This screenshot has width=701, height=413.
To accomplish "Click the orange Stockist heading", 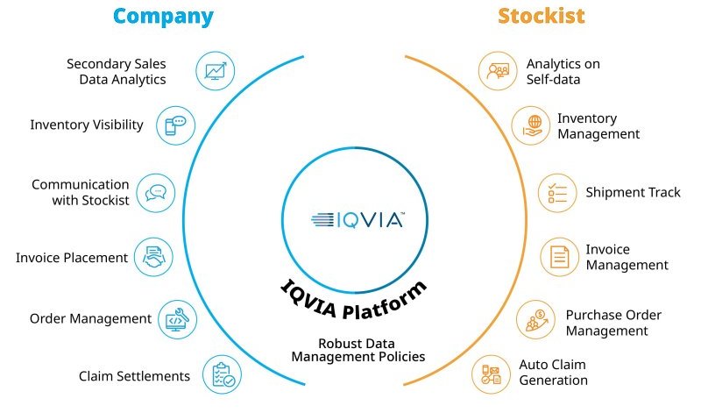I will click(x=541, y=16).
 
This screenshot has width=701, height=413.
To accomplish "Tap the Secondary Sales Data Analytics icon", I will click(x=214, y=71).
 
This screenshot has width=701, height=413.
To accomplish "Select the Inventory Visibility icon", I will click(x=175, y=125).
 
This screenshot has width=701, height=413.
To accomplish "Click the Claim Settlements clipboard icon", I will click(x=221, y=374).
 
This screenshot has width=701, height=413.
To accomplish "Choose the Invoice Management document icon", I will click(x=558, y=258).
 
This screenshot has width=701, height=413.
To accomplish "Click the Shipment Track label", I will click(x=633, y=192).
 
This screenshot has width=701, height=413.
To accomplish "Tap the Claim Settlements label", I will click(x=134, y=375).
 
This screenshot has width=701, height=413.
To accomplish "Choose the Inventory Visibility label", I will click(x=86, y=125).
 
